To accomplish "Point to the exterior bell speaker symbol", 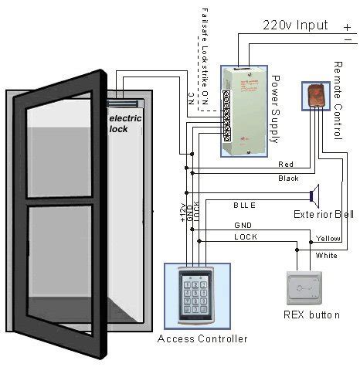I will point(314,195).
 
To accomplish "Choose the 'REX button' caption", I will point(310,314).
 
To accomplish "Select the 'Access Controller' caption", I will point(202,338).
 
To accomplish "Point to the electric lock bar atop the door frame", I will point(121,103).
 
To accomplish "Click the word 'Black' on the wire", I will point(287,178).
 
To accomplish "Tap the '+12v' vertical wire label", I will point(183,213).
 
